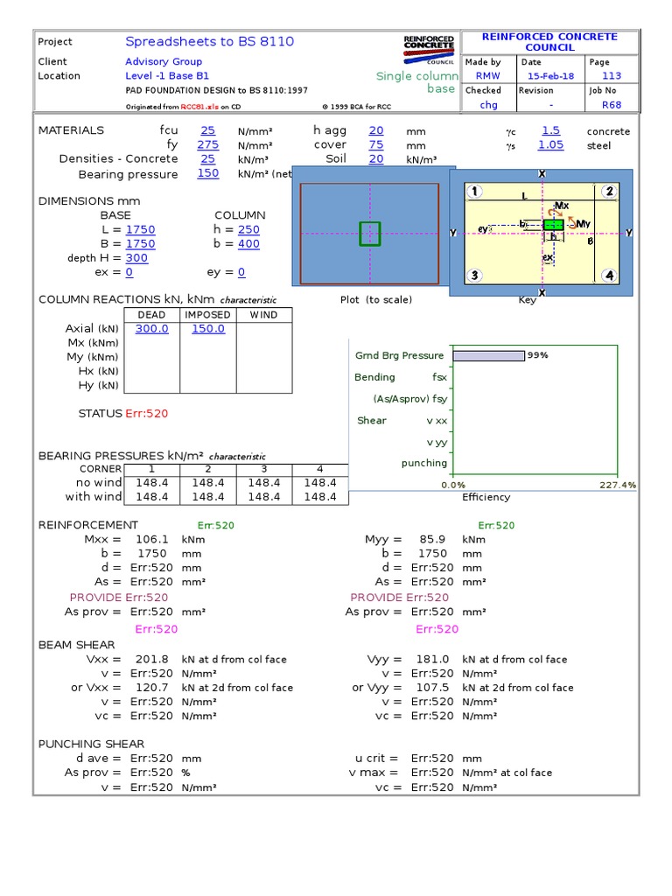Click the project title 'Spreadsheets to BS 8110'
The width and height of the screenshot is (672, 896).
point(209,41)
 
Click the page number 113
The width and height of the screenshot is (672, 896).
point(611,76)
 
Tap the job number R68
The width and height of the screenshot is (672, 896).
point(611,105)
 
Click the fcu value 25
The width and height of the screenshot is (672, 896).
point(207,130)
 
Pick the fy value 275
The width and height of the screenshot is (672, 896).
point(207,144)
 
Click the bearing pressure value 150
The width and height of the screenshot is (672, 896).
point(207,173)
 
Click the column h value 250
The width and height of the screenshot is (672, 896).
point(248,230)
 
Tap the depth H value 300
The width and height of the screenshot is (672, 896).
point(137,258)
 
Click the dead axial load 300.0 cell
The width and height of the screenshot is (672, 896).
point(152,329)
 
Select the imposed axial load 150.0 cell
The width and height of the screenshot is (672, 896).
point(208,329)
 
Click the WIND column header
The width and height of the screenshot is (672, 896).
point(263,315)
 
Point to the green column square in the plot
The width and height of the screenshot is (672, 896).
point(370,234)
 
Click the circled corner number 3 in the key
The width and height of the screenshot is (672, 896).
point(474,276)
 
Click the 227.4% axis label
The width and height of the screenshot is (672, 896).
point(619,485)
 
